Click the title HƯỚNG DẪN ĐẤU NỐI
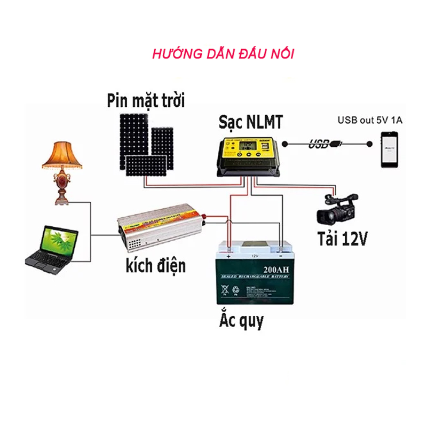point(223,54)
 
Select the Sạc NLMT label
point(250,122)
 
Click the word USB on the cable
point(319,144)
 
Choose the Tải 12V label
point(342,238)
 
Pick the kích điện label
point(155,264)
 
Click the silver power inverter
point(160,230)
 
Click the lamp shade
point(62,155)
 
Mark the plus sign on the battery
point(229,256)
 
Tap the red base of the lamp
point(62,189)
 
